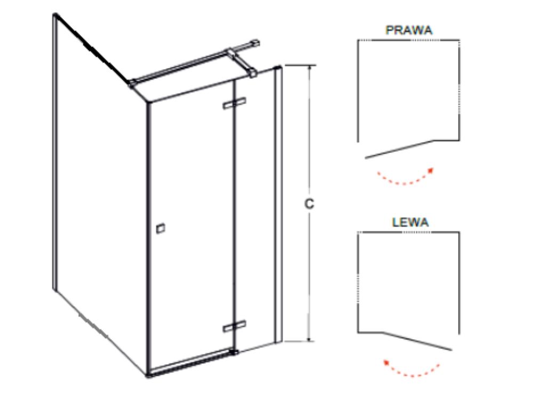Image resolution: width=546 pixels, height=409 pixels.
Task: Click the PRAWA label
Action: (409, 30)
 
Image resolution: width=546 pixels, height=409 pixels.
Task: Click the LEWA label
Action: (410, 223)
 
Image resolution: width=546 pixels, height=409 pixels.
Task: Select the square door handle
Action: (160, 228)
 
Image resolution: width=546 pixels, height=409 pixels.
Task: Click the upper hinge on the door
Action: (235, 103)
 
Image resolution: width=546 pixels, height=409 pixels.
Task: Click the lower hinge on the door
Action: (235, 325)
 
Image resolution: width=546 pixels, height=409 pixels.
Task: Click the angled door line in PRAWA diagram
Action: (399, 150)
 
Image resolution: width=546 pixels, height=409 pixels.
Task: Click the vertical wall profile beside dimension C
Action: (278, 202)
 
